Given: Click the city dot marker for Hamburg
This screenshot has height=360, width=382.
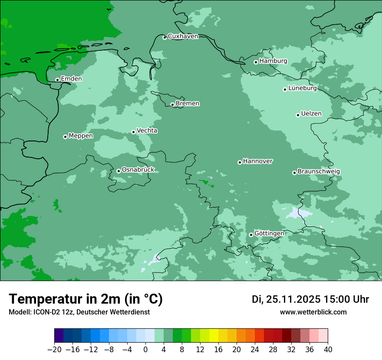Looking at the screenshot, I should coord(256,62).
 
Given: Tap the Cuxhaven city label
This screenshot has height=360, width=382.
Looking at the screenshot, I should coord(183,36).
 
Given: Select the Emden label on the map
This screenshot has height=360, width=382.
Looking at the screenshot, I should coord(71,79).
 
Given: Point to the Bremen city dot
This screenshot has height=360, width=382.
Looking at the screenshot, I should coord(172,105).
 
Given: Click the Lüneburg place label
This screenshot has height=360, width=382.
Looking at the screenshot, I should coord(303,88).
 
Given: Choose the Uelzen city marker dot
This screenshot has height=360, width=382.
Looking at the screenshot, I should coord(298,115).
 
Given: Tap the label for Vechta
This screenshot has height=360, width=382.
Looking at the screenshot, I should coord(147,131).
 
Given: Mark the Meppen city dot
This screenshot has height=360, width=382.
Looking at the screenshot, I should coord(65,137).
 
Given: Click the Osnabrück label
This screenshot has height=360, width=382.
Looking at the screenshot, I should coord(138,170).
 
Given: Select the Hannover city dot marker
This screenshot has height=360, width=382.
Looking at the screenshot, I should coord(240,162).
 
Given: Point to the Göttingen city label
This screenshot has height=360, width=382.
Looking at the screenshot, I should coord(269,233).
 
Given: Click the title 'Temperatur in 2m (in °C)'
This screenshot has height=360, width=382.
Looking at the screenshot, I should coord(86,299).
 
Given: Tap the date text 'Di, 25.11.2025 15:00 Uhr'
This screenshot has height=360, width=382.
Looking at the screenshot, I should coord(310,299).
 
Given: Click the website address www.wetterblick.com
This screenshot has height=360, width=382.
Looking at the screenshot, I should coord(313,312).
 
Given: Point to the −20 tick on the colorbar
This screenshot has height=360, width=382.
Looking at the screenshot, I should coord(54,350).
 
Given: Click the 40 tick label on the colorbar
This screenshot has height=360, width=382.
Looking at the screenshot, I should coord(328,350).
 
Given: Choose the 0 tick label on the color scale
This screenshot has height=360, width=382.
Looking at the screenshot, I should coord(145,350).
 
